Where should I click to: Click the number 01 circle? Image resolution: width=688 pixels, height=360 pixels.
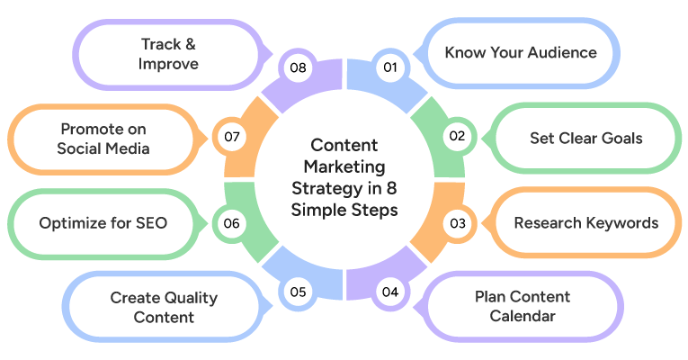pos(389,67)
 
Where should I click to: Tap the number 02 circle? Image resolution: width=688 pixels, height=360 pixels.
pos(457,137)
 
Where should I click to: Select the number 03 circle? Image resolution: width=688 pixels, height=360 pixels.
pos(458,223)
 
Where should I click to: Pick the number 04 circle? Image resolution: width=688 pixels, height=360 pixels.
pos(389,292)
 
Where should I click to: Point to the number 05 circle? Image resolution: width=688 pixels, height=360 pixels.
pos(299,292)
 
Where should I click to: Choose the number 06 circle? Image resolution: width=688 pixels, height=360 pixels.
pos(231,223)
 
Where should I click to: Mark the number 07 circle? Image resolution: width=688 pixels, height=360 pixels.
pos(231,137)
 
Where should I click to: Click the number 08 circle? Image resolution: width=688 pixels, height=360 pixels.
pos(299,67)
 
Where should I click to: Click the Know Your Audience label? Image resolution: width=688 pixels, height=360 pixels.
pos(521,52)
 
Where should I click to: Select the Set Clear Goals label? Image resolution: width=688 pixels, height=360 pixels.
pos(585,138)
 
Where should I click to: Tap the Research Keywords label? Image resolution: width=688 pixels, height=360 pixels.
pos(585,223)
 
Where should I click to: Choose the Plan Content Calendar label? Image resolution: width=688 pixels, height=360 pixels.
pos(523,306)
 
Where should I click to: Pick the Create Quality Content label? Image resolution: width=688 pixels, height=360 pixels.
pos(164,306)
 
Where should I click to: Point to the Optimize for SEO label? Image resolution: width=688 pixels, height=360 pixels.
pos(103,223)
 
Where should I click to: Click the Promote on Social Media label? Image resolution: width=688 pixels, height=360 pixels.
pos(103,138)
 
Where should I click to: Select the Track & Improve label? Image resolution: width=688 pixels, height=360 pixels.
pos(169,53)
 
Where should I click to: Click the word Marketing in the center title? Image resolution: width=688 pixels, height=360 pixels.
pos(344,166)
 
